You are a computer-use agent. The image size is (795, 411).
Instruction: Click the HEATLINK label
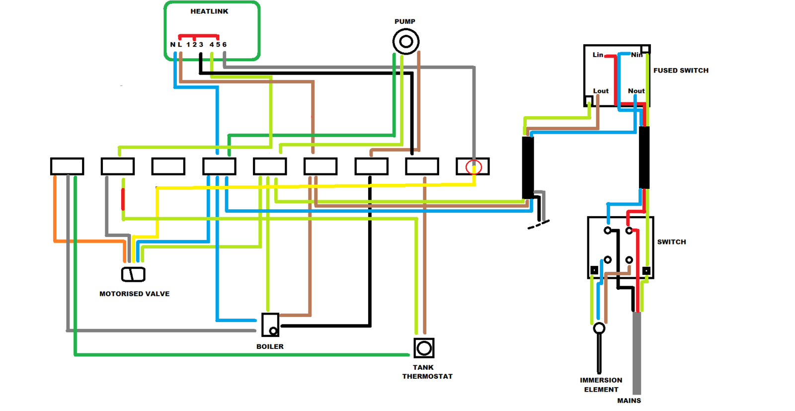coord(209,11)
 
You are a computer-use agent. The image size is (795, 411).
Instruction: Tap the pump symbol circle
coord(406,41)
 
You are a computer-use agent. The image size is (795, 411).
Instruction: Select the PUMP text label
coord(404,21)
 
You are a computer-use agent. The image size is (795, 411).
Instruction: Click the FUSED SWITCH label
coord(681,71)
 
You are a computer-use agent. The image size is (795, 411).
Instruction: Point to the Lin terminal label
coord(598,55)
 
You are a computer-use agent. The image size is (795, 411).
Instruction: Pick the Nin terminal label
coord(636,55)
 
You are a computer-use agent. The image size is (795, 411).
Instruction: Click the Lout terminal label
coord(601,91)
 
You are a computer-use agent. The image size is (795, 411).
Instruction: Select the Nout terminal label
coord(636,91)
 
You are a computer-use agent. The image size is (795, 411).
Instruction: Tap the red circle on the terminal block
coord(474,167)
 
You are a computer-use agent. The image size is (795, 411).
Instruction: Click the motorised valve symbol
coord(133,274)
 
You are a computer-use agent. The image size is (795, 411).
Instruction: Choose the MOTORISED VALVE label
coord(134,294)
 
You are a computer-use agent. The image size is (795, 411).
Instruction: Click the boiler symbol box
coord(270,325)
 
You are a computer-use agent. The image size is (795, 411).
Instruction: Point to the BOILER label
coord(270,346)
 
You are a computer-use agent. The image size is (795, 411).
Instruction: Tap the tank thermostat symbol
coord(424,348)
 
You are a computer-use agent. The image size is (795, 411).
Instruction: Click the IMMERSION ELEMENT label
coord(601,385)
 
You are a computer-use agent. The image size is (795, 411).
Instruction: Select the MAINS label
coord(629,401)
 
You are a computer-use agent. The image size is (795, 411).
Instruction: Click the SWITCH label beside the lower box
coord(671,242)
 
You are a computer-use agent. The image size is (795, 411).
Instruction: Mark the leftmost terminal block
coord(67,166)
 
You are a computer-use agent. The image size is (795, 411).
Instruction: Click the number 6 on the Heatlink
coord(225,45)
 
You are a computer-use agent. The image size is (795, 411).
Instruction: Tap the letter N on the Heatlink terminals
coord(172,45)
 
